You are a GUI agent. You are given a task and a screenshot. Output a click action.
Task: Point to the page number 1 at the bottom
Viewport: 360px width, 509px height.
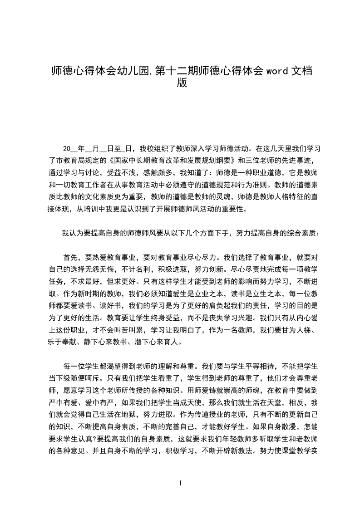pos(180,483)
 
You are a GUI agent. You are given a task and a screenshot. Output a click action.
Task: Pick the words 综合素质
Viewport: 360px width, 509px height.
pos(300,234)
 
